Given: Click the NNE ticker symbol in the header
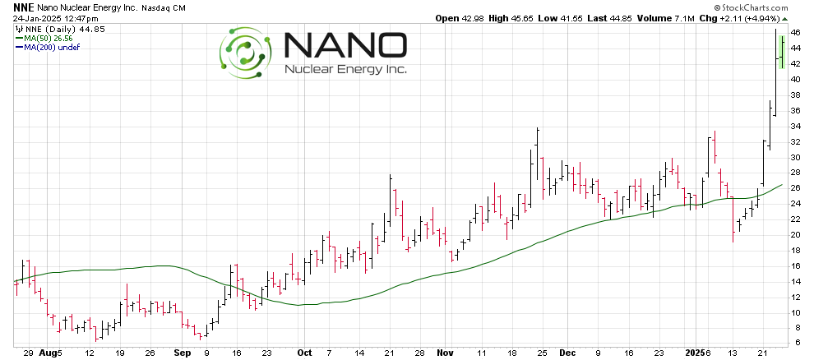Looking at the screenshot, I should click(23, 7).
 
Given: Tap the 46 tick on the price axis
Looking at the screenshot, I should click(797, 32).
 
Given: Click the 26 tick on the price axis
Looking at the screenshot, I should click(797, 187).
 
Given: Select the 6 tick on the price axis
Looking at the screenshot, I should click(797, 343).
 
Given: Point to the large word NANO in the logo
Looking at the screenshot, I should click(344, 46).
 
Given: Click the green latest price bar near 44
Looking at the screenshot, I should click(781, 52).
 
